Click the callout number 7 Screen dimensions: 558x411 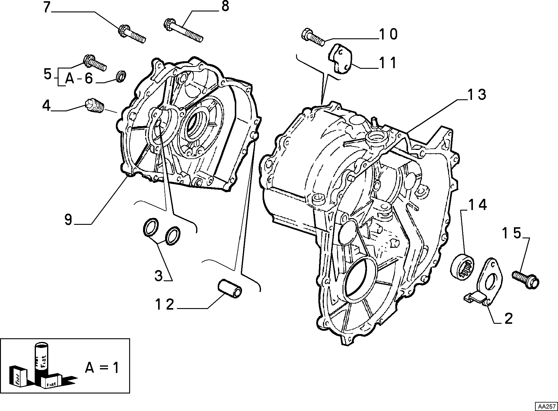(x=46, y=7)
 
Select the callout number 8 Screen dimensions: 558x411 (x=225, y=6)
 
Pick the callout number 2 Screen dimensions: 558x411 (x=509, y=319)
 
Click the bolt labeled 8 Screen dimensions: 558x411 (x=183, y=30)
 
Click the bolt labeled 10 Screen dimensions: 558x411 (x=313, y=37)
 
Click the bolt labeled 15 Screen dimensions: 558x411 (x=525, y=279)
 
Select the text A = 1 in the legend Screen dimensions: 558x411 (x=102, y=368)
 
